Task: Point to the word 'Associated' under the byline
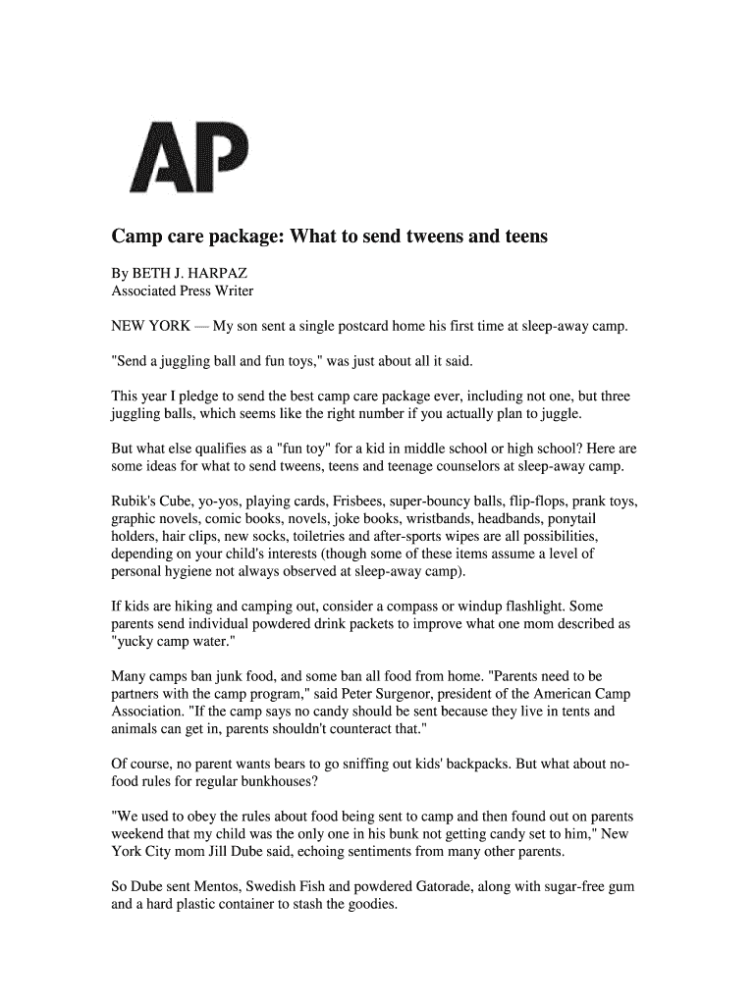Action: pyautogui.click(x=145, y=291)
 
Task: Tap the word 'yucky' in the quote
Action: pyautogui.click(x=137, y=642)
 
